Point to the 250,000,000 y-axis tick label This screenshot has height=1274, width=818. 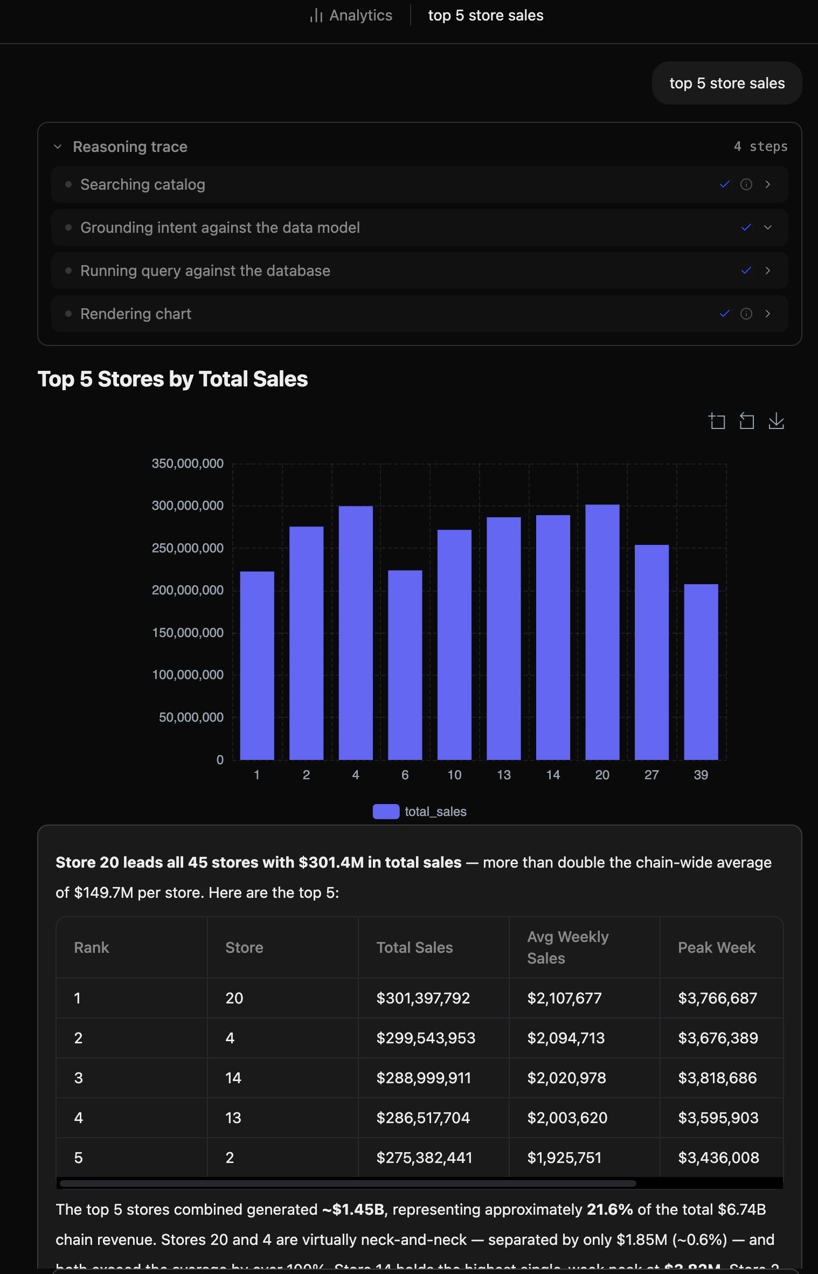coord(188,548)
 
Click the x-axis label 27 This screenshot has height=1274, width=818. coord(651,775)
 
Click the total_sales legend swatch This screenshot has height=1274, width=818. coord(386,812)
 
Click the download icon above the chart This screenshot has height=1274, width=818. coord(776,421)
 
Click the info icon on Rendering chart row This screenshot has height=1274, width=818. coord(746,314)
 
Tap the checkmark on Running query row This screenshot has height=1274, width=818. coord(746,271)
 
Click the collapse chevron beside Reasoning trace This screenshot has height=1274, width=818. coord(58,147)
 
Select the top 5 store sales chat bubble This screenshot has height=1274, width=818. coord(726,83)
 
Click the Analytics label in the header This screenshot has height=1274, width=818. coord(361,15)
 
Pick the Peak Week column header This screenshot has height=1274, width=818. coord(716,947)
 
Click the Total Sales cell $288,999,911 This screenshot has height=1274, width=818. coord(424,1078)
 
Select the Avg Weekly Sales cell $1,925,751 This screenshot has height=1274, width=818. coord(564,1158)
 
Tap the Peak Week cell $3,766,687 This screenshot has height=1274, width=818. coord(717,998)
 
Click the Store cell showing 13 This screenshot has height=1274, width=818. coord(233,1118)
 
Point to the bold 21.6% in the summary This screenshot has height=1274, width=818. coord(609,1209)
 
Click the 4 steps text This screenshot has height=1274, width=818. coord(760,147)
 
